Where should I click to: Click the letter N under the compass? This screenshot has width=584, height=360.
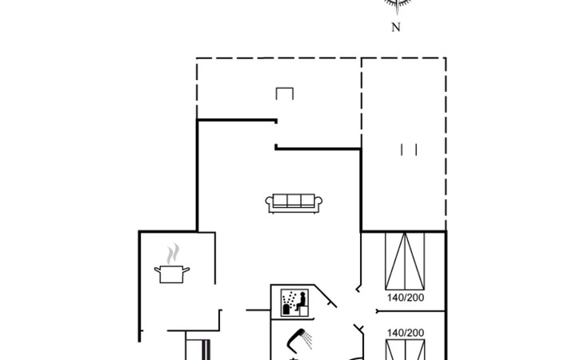pos(395,27)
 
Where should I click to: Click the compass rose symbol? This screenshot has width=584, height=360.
pos(395,4)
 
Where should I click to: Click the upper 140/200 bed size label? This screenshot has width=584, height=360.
pos(404,298)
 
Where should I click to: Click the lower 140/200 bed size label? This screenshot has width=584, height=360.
pos(404,332)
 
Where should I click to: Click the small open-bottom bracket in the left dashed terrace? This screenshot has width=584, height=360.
pos(285,94)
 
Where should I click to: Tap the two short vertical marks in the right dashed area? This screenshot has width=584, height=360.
pos(409,149)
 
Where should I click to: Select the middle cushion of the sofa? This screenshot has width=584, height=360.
pos(293,202)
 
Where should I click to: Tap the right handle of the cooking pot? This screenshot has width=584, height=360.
pos(189,272)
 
